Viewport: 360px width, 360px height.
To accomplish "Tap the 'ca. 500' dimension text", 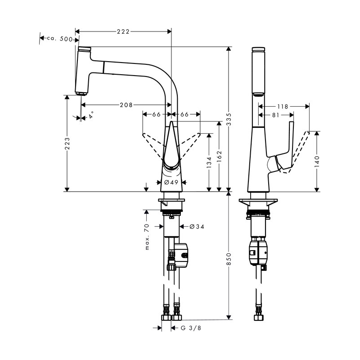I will (x=60, y=39).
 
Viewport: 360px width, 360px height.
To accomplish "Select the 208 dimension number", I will (x=126, y=105).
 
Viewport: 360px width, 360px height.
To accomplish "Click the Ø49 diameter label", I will (x=171, y=182).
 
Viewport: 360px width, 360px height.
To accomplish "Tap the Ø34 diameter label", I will (x=197, y=226).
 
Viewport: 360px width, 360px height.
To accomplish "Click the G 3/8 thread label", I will (x=191, y=328).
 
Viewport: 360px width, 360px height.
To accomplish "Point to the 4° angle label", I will (x=91, y=115).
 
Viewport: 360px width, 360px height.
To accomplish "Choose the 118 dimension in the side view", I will (x=283, y=107).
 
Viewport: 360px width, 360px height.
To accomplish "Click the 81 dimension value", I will (x=275, y=115).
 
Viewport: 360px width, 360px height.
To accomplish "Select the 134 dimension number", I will (x=209, y=162).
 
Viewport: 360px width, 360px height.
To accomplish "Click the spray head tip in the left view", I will (x=81, y=92).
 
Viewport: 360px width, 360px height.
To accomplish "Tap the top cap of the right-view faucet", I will (x=259, y=48).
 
